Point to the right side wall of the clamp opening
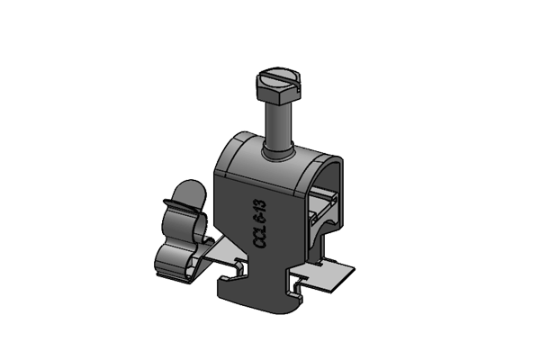click(x=338, y=202)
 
